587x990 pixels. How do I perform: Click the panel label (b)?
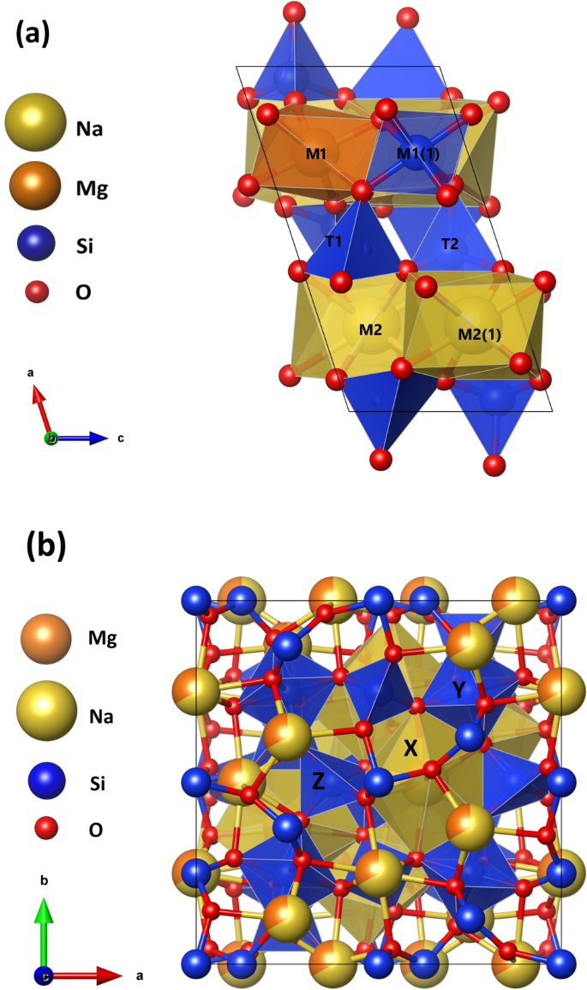point(45,544)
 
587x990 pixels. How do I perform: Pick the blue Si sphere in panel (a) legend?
point(35,244)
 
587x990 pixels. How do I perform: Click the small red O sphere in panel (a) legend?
point(35,291)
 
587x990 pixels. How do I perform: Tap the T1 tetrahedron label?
point(335,242)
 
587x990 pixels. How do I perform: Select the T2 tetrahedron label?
point(449,244)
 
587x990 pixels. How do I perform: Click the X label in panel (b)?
point(410,748)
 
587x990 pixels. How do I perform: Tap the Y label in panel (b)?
point(459,689)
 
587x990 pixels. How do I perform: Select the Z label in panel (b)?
point(317,779)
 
